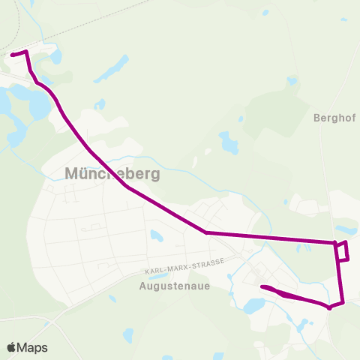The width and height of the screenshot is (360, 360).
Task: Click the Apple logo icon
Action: tap(12, 347)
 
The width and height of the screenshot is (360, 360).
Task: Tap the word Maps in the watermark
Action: tap(32, 347)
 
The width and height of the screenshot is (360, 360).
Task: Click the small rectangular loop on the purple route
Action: tap(342, 251)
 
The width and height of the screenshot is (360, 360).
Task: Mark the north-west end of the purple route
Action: tap(11, 54)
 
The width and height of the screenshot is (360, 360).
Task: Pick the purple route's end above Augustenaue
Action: tap(262, 287)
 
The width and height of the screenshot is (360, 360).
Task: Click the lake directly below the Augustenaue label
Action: tap(253, 305)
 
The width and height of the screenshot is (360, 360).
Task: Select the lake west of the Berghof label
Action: tap(229, 142)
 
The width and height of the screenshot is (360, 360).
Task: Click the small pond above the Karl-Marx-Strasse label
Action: tap(156, 235)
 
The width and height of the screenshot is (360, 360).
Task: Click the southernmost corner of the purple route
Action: tap(329, 307)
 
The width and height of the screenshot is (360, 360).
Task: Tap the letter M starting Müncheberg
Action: tap(73, 173)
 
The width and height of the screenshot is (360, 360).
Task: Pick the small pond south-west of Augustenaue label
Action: tap(112, 299)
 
